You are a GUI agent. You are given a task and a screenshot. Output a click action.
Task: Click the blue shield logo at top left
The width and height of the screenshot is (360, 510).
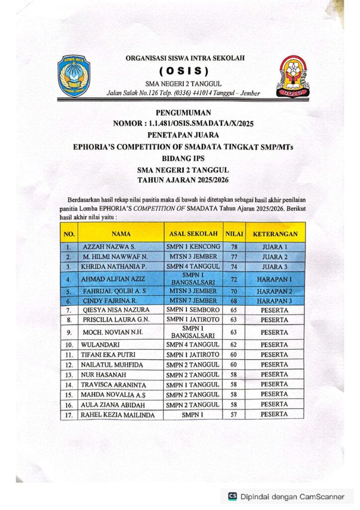(74, 76)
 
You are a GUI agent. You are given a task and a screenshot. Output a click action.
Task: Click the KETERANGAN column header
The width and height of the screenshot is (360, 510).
(275, 233)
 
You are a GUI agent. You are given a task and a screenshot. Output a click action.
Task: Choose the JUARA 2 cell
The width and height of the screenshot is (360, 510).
(275, 257)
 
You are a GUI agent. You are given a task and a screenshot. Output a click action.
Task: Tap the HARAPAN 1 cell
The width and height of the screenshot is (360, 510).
(275, 279)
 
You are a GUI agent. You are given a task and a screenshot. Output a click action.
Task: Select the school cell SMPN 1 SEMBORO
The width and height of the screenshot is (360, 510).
(193, 310)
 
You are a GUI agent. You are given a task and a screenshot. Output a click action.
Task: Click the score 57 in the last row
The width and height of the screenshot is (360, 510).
(233, 414)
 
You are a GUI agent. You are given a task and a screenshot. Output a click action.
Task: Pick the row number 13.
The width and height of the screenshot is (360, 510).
(70, 375)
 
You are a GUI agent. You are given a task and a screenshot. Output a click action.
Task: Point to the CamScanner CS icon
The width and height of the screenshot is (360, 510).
(233, 496)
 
